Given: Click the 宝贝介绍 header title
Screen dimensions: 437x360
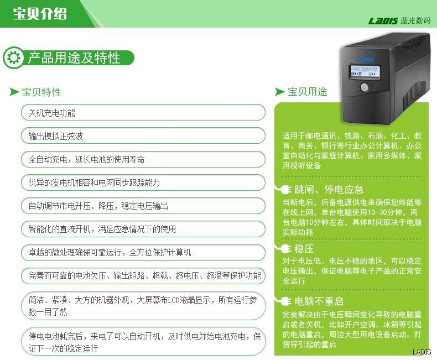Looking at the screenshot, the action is point(40,13).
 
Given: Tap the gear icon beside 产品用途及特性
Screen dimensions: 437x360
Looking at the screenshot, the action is point(14,58).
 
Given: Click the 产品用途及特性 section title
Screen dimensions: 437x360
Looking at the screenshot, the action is point(74,58).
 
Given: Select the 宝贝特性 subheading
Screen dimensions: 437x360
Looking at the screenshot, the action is point(41,92).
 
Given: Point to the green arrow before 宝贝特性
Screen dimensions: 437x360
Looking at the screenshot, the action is point(14,92).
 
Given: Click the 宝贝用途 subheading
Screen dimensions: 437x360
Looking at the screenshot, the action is point(308,91).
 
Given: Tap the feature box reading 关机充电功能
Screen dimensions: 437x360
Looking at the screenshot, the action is point(143,113).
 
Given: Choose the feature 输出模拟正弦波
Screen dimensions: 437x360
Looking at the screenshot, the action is point(143,136).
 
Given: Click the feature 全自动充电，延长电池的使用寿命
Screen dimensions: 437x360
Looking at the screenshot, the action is point(143,159).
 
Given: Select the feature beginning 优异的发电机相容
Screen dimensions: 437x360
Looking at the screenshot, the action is point(143,182).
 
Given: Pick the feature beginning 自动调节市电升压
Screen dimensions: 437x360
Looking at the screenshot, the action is point(143,206).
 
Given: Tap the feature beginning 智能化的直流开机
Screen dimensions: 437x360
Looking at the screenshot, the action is point(143,229).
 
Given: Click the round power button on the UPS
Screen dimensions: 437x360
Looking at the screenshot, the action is point(364,87).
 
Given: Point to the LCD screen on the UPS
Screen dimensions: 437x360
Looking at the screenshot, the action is point(365,71).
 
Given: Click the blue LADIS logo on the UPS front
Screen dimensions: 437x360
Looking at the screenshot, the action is point(365,59).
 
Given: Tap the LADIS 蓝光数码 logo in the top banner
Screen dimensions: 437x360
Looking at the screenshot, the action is point(399,20).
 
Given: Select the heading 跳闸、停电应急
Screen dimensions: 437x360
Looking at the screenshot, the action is point(329,190).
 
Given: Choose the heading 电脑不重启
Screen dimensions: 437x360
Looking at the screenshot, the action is point(319,301).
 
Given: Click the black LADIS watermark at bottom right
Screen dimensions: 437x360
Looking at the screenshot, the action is point(422,352).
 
